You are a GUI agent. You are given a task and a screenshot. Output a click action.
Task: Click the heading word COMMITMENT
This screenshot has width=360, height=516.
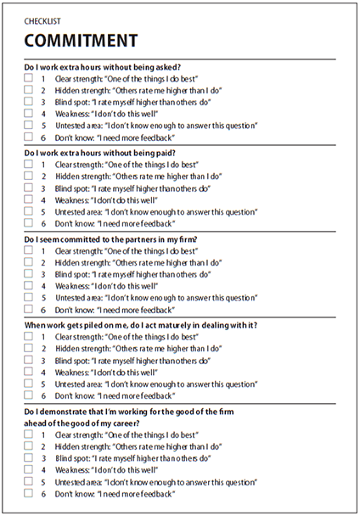80,40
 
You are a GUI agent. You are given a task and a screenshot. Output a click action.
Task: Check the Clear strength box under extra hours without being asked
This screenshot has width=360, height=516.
29,78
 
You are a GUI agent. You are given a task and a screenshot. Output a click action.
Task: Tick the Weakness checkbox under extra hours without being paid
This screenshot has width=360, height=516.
29,199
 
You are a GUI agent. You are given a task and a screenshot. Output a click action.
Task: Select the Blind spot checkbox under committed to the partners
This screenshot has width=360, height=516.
29,274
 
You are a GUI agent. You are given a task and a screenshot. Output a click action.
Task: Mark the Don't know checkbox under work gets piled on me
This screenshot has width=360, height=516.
29,395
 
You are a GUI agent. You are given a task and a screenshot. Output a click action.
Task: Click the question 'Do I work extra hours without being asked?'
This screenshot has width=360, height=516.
103,66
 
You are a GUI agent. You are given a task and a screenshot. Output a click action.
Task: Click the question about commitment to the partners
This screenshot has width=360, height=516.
111,238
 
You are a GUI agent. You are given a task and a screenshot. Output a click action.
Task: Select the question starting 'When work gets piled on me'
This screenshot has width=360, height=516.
141,325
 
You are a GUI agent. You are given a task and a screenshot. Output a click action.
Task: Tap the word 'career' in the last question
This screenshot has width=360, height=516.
150,423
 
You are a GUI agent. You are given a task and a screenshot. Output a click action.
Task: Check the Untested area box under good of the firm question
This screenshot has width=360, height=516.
29,481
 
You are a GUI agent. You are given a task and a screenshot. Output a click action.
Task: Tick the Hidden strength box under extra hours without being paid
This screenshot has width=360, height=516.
29,176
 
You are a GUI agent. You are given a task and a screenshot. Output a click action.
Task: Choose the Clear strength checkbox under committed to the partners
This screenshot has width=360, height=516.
29,250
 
